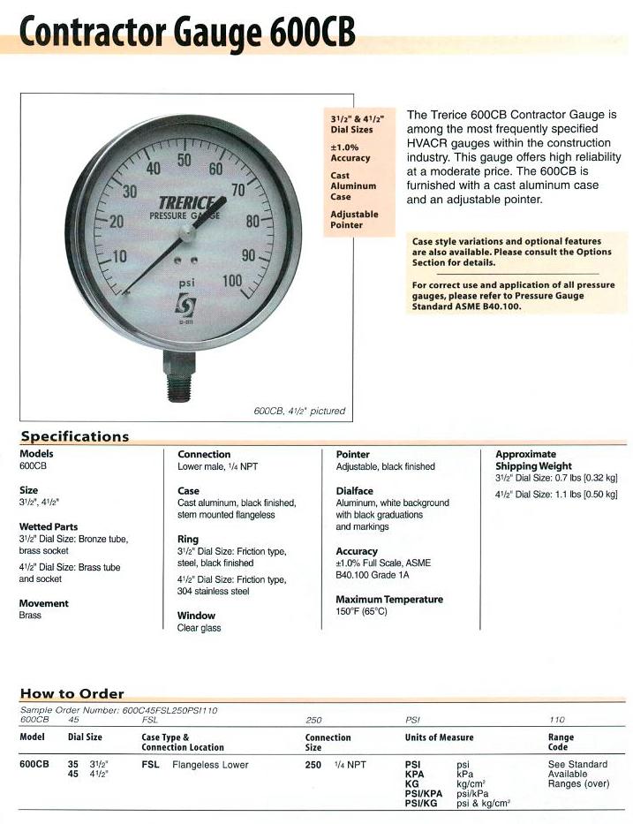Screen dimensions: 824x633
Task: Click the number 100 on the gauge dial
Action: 232,281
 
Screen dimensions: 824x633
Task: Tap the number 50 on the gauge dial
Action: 185,160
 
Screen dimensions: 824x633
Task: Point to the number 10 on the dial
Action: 118,257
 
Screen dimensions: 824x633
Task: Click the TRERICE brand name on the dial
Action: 187,201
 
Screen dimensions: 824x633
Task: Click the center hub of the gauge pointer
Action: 186,233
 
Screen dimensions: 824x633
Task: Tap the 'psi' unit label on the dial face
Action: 186,284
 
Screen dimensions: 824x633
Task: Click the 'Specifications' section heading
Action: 74,436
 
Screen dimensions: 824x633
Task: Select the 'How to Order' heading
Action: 72,693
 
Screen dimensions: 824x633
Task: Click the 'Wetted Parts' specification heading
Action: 49,526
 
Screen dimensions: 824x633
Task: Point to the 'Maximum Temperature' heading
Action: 389,599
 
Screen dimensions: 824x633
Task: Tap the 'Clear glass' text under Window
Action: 199,628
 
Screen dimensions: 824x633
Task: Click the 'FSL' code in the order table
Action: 150,765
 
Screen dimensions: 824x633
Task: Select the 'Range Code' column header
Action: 561,742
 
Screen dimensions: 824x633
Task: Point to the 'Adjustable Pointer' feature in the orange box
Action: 354,219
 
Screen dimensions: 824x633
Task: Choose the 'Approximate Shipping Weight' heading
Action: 533,460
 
